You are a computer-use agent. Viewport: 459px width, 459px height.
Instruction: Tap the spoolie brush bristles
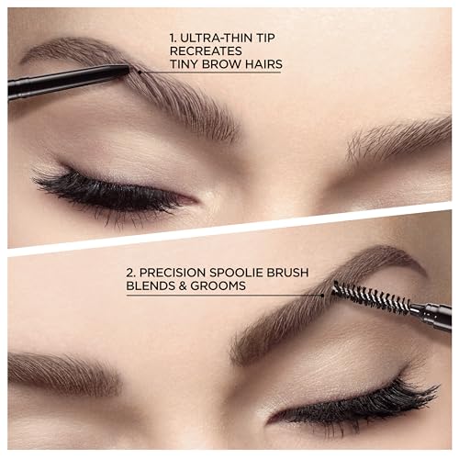click(359, 297)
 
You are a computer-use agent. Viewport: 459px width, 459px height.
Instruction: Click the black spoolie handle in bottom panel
click(427, 314)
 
